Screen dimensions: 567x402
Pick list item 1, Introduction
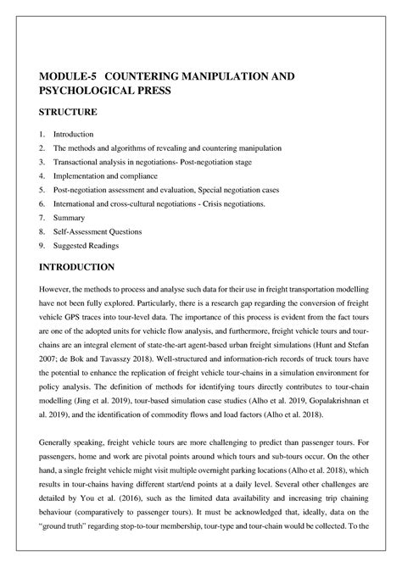pyautogui.click(x=73, y=135)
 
